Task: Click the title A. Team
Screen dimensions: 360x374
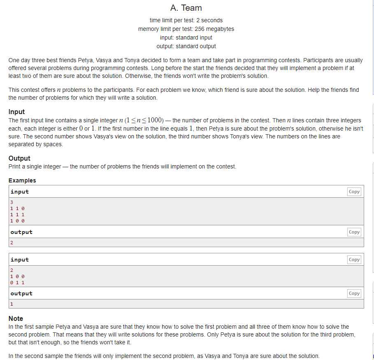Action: coord(186,8)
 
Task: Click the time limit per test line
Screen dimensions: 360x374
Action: coord(186,20)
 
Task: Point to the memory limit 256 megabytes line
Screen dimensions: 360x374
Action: coord(186,29)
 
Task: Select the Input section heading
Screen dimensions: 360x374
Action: coord(16,112)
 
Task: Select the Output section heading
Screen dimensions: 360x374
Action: coord(19,158)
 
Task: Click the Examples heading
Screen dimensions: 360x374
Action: coord(22,180)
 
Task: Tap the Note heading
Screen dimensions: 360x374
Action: coord(16,318)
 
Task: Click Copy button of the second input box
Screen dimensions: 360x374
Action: coord(354,259)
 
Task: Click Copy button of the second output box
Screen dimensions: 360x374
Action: coord(354,293)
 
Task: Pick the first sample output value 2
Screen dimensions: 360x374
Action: coord(12,242)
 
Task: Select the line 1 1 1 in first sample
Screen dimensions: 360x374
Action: coord(17,215)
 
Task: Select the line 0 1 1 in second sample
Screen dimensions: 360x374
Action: coord(17,283)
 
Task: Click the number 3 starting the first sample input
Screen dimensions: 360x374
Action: coord(12,202)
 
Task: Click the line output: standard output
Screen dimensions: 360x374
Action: coord(186,46)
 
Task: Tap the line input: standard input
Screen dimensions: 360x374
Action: coord(186,37)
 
